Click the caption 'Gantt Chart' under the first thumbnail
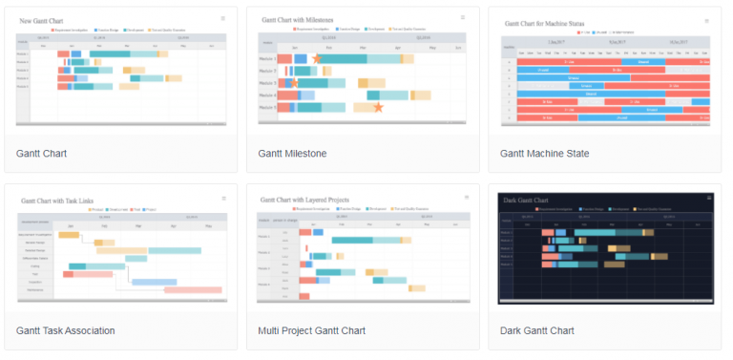(41, 153)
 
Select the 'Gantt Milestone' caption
(292, 153)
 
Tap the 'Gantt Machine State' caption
(544, 153)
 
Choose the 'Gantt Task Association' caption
(65, 330)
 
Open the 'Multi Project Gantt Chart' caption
(311, 330)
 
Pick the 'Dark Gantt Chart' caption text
(536, 330)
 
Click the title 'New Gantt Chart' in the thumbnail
(45, 20)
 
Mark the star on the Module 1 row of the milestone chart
(316, 59)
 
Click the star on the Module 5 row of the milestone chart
(378, 107)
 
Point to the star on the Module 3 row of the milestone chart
(294, 83)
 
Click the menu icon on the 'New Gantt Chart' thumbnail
(223, 18)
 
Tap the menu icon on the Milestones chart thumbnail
(465, 18)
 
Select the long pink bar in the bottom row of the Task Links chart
(192, 289)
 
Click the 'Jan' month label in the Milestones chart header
(296, 47)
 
